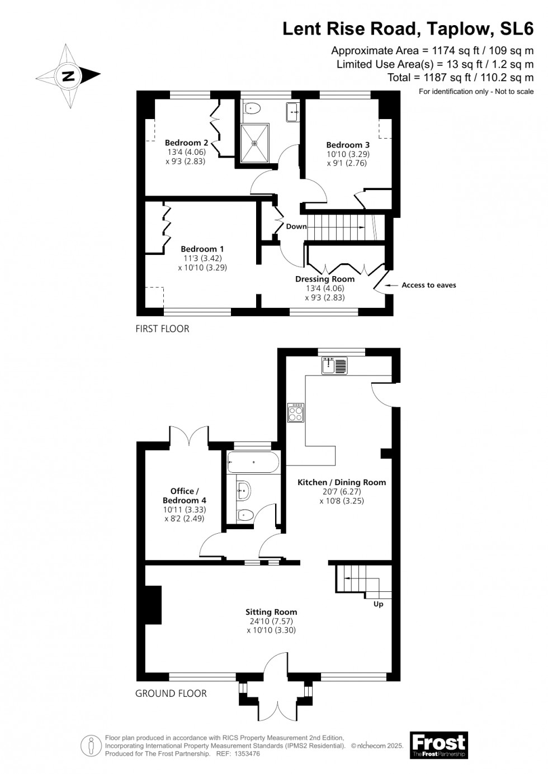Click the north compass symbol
click(x=68, y=76)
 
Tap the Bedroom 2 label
click(x=186, y=143)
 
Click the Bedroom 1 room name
click(x=202, y=249)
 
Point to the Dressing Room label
click(x=324, y=279)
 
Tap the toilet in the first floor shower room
click(x=252, y=108)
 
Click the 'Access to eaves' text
click(x=428, y=285)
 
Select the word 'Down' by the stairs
click(x=296, y=226)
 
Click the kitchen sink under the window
click(x=334, y=366)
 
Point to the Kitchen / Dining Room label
click(x=341, y=482)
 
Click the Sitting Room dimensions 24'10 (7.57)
click(x=271, y=621)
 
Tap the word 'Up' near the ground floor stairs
click(x=378, y=604)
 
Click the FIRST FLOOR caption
click(x=163, y=329)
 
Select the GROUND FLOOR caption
click(x=171, y=694)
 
